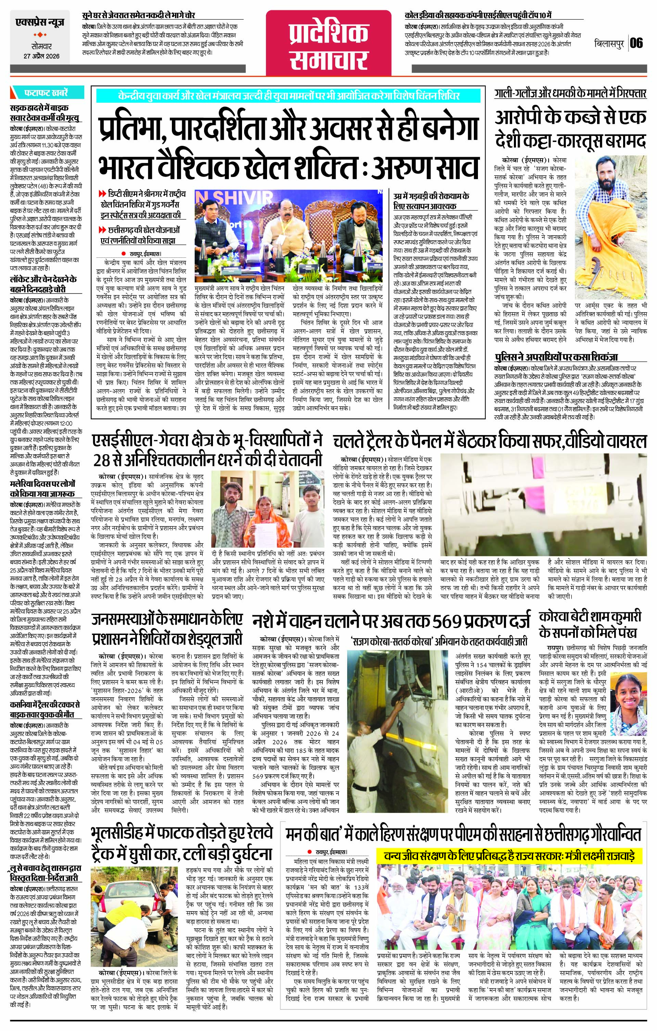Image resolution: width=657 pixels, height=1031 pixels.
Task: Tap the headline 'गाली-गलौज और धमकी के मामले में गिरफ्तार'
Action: coord(570,94)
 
